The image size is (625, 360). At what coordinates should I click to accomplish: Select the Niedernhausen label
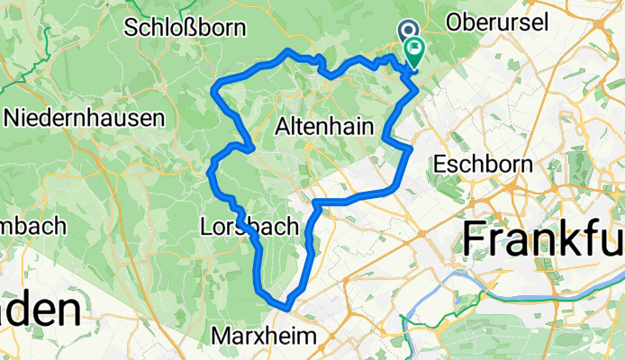(x=84, y=117)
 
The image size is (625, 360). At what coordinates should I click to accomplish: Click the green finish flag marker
(x=414, y=52)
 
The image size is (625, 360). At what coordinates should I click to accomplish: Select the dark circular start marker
(x=405, y=32)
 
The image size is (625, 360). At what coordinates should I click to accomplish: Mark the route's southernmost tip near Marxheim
(x=285, y=308)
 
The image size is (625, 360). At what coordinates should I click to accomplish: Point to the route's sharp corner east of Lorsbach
(x=316, y=203)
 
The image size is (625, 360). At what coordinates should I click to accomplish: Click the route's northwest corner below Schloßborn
(x=215, y=86)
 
